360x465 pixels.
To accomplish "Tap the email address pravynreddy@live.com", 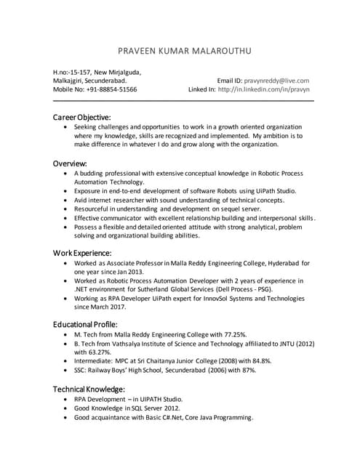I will coord(276,81).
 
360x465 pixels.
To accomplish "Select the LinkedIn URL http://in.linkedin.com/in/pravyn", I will coord(263,90).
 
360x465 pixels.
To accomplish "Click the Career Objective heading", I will coord(81,116).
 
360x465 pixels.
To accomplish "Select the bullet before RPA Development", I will coord(67,400).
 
